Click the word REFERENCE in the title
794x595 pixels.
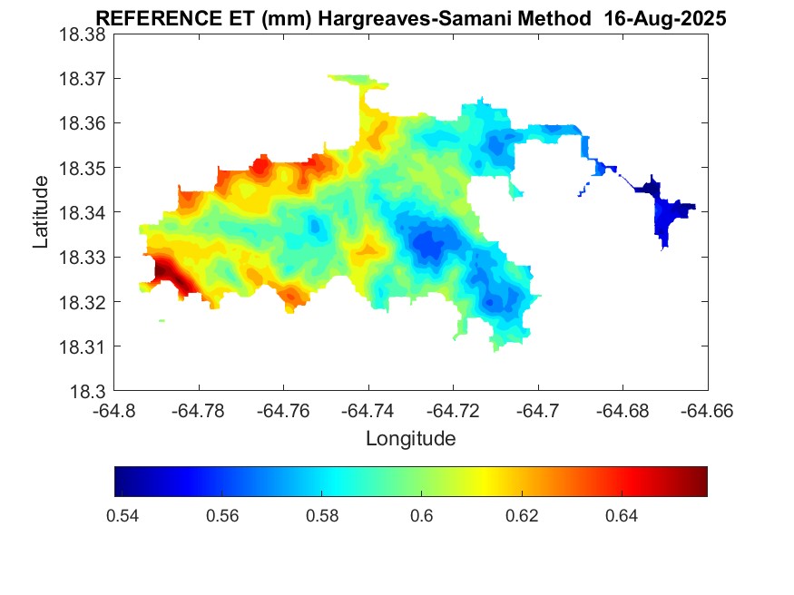[150, 18]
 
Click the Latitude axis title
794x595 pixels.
[41, 212]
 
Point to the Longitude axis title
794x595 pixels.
[410, 439]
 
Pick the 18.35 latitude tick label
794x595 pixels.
[83, 168]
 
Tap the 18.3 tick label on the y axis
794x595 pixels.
[88, 392]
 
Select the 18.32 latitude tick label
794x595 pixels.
[83, 302]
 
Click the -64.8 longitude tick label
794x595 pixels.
[115, 411]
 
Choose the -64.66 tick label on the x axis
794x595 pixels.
[708, 411]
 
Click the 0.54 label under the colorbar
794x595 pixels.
[123, 516]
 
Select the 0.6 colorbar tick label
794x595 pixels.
[422, 516]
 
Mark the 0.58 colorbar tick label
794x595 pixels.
[322, 516]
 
